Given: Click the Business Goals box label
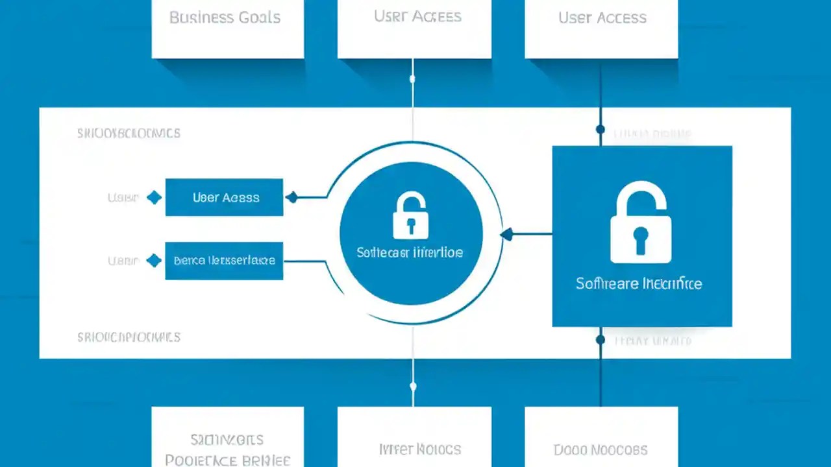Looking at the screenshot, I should [x=225, y=18].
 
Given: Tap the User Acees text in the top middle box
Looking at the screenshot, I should [x=417, y=16].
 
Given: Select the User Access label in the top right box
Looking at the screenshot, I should [x=602, y=18].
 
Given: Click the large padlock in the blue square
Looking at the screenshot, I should [x=641, y=224].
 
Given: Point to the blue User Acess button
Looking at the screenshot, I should [x=225, y=197].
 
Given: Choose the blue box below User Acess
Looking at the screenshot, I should [x=225, y=261].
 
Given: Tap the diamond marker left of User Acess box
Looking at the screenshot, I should [x=154, y=197].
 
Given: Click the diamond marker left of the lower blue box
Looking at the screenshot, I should [x=154, y=261].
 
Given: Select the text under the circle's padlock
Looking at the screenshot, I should [x=410, y=252].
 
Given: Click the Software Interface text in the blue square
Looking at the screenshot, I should [x=639, y=283].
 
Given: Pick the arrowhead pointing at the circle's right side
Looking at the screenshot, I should [x=506, y=233].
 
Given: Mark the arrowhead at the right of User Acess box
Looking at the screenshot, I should [x=291, y=197].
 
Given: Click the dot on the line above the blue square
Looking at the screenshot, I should [x=600, y=130].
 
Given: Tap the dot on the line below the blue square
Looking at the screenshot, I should [x=600, y=339].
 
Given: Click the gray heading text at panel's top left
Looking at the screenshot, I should [x=129, y=134].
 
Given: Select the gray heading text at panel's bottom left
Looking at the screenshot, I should [x=129, y=337].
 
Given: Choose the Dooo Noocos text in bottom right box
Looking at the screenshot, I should [x=601, y=449].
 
